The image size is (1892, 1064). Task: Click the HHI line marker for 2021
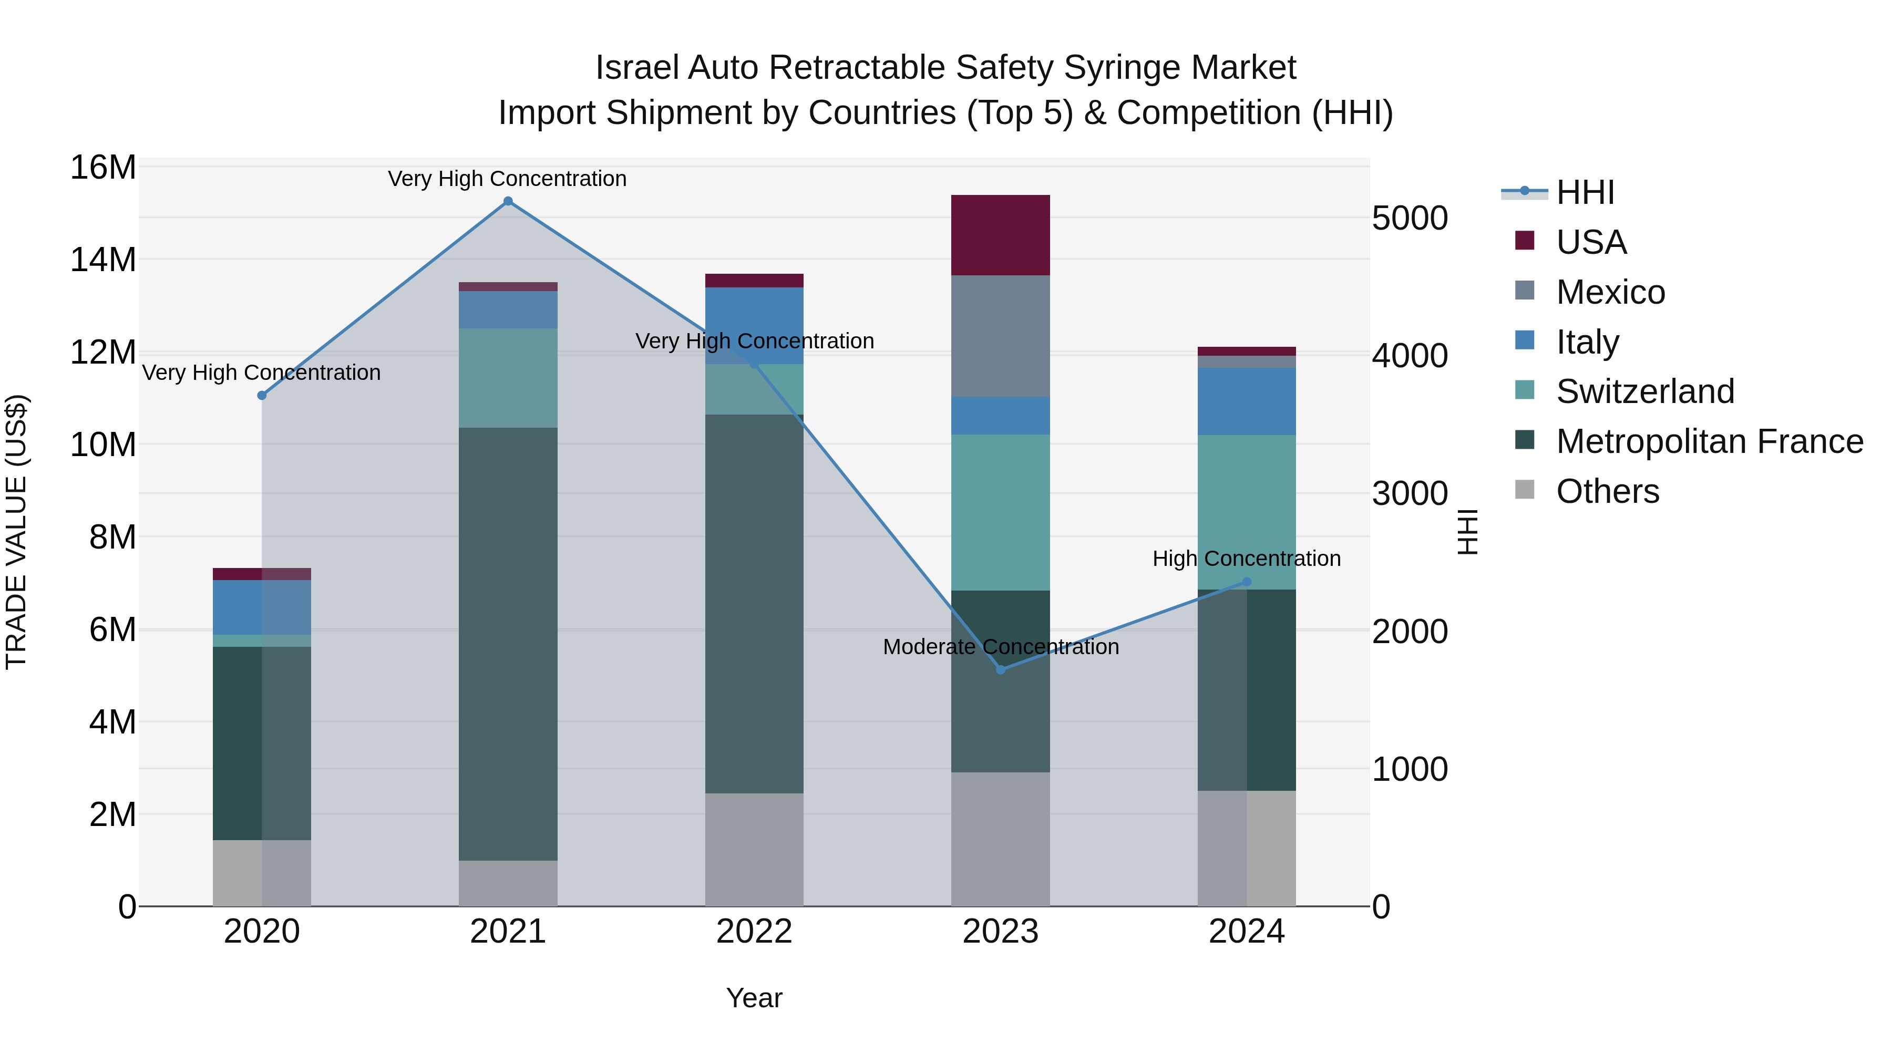508,201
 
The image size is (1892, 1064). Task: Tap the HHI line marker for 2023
1000,669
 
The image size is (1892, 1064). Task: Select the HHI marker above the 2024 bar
1247,582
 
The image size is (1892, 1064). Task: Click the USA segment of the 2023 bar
1000,235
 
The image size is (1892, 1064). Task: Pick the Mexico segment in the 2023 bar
1000,336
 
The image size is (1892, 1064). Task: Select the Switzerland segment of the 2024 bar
1247,512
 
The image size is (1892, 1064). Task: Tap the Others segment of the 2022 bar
754,849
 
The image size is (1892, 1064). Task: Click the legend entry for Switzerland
1644,391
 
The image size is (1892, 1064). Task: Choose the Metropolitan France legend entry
1709,441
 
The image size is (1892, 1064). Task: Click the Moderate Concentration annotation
1000,647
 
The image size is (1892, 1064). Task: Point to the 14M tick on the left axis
103,259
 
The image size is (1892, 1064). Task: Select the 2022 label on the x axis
754,932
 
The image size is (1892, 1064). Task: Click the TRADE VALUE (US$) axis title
17,532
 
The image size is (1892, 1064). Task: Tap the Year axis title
754,998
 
